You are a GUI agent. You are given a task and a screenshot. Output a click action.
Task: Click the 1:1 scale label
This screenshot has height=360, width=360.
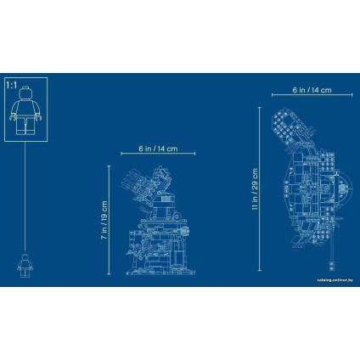[12, 85]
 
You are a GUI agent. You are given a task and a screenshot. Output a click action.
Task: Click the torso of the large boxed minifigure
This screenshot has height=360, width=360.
[25, 108]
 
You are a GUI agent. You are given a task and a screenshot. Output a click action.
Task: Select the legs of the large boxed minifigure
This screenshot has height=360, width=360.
[25, 126]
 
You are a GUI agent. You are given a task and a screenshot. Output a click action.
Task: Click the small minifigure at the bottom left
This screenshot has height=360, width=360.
[25, 265]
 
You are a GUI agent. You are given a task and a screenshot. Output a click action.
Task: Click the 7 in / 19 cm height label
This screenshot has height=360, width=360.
[104, 220]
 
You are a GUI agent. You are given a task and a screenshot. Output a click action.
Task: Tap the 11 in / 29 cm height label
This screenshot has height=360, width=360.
[255, 188]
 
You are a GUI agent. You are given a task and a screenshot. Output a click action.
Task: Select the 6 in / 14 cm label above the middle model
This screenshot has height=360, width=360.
[158, 149]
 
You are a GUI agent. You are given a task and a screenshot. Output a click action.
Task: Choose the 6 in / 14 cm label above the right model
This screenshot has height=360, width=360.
[312, 90]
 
